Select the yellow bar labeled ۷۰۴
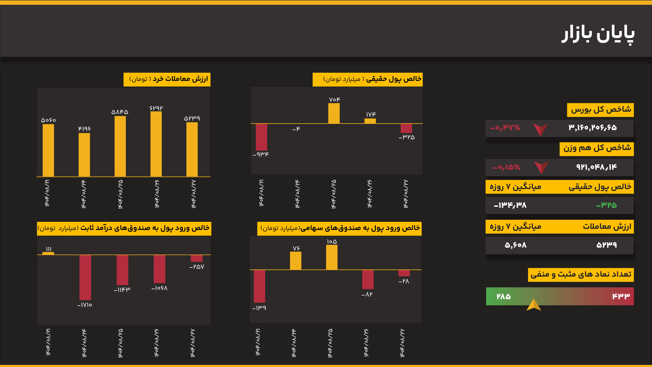click(x=334, y=113)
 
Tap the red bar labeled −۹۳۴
click(x=261, y=137)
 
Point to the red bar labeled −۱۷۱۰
click(x=85, y=277)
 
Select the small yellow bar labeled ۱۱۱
click(x=48, y=253)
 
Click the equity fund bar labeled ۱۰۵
click(x=332, y=257)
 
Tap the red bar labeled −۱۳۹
click(x=259, y=286)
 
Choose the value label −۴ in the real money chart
click(x=296, y=129)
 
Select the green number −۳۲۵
click(x=606, y=205)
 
